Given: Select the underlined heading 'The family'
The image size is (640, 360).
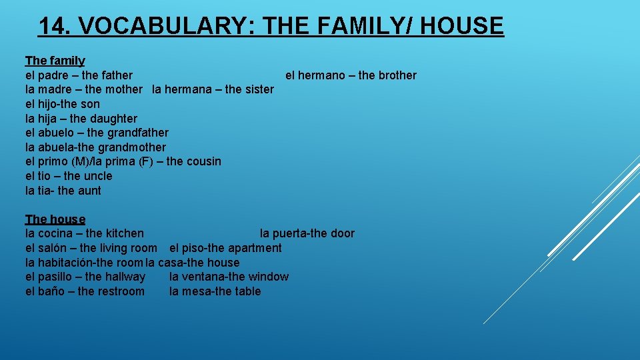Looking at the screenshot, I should pyautogui.click(x=55, y=61).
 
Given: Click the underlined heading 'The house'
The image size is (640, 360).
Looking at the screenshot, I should pyautogui.click(x=55, y=219).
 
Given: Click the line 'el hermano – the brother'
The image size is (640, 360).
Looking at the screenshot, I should pyautogui.click(x=351, y=75).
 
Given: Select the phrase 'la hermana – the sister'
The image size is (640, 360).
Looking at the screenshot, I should pyautogui.click(x=213, y=89).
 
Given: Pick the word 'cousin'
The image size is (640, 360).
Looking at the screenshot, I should pyautogui.click(x=203, y=161).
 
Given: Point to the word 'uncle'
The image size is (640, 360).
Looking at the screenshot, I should pyautogui.click(x=98, y=176).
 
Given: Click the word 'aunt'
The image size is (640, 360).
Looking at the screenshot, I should pyautogui.click(x=89, y=191).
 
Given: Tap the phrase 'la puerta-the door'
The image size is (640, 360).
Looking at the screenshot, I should pyautogui.click(x=307, y=234).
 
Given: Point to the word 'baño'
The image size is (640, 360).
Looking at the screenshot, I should pyautogui.click(x=51, y=291).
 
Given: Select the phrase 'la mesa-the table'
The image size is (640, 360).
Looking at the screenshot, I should pyautogui.click(x=215, y=291).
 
